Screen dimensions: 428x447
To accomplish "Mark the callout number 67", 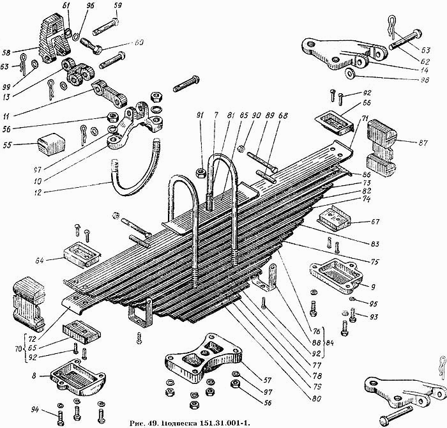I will [x=375, y=222].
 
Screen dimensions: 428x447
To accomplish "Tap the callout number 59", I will [x=117, y=6].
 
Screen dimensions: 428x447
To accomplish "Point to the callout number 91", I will [x=199, y=115].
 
